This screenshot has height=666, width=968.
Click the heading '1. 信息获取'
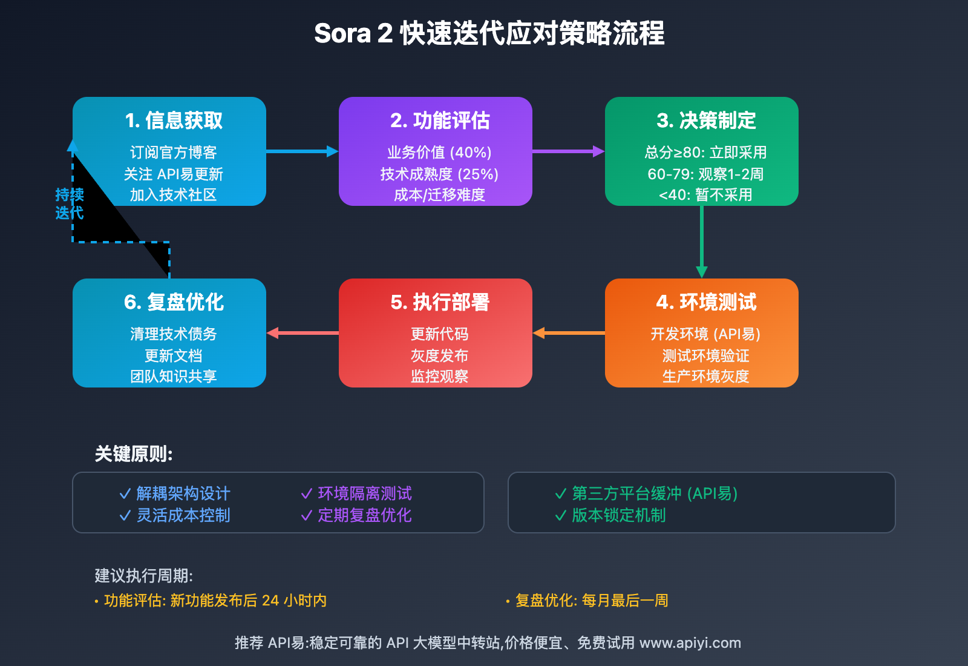[x=174, y=120]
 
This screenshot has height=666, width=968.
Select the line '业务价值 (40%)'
[x=439, y=152]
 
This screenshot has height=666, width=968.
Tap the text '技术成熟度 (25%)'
[x=439, y=174]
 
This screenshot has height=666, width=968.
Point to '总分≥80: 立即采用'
[x=705, y=152]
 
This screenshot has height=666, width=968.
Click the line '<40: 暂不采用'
[x=705, y=195]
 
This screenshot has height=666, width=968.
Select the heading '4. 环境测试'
[x=706, y=302]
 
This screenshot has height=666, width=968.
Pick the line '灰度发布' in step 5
[x=439, y=355]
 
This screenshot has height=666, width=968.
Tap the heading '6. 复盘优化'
[x=174, y=302]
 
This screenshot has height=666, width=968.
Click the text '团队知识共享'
[x=174, y=377]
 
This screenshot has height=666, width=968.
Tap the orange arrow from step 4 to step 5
[x=569, y=333]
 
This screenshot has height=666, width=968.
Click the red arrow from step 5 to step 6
[x=302, y=333]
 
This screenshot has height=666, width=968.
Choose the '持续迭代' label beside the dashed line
[x=70, y=204]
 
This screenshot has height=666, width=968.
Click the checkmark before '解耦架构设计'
[x=125, y=494]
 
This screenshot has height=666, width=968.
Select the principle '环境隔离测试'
[x=365, y=493]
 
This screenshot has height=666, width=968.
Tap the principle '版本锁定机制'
[x=619, y=515]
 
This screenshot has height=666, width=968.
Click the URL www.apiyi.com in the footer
[x=690, y=643]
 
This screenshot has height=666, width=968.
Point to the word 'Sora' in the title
[x=342, y=33]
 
